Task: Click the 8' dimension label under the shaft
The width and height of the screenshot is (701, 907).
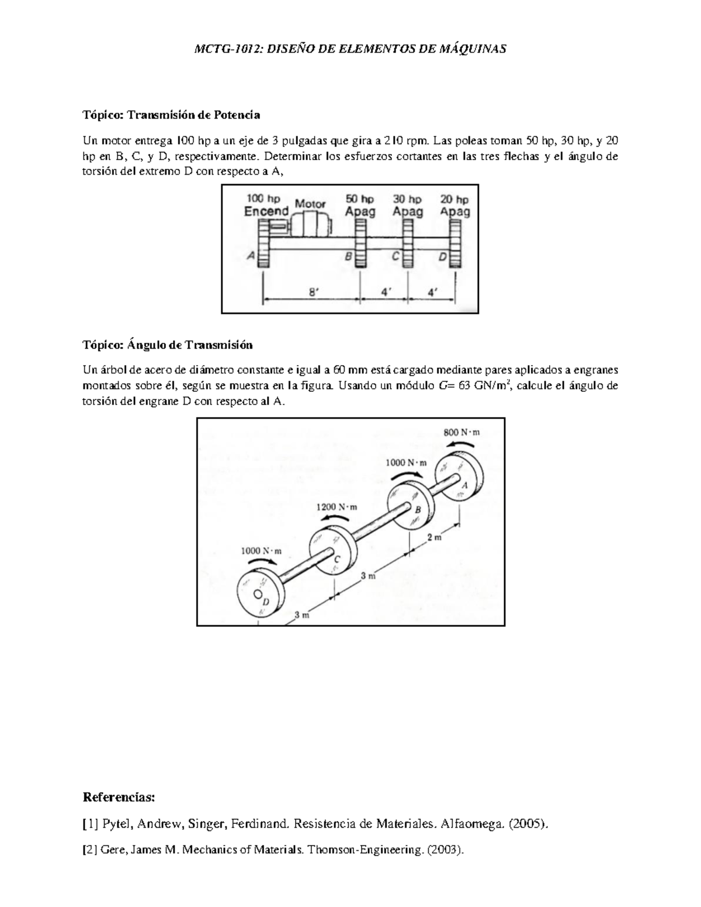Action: pyautogui.click(x=314, y=293)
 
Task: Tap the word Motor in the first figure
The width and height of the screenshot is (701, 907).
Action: pyautogui.click(x=310, y=204)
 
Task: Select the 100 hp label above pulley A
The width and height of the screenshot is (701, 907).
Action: pyautogui.click(x=263, y=199)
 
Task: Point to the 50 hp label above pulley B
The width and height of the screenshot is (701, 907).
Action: pyautogui.click(x=360, y=199)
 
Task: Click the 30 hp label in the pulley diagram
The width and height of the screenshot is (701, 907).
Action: pyautogui.click(x=407, y=199)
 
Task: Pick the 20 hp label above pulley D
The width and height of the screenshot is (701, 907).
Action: pyautogui.click(x=454, y=199)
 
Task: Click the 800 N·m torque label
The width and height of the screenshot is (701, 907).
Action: pyautogui.click(x=461, y=433)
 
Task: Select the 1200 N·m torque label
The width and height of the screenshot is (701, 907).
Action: pyautogui.click(x=336, y=507)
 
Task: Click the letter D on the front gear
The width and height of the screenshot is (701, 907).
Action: pyautogui.click(x=266, y=602)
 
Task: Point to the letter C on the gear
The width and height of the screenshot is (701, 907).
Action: pyautogui.click(x=336, y=560)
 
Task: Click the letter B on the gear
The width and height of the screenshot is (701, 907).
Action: pyautogui.click(x=418, y=510)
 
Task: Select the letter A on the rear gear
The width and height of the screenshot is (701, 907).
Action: pyautogui.click(x=465, y=485)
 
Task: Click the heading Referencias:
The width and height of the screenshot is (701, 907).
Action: pyautogui.click(x=120, y=797)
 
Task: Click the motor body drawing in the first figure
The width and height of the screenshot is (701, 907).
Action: pyautogui.click(x=310, y=224)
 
